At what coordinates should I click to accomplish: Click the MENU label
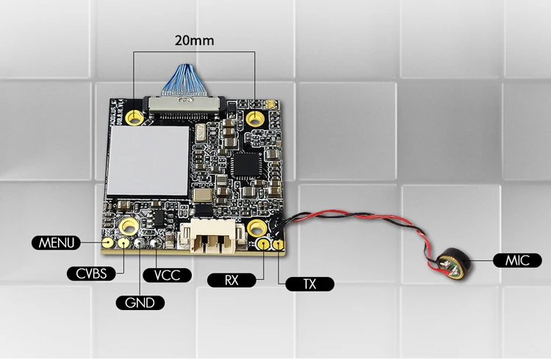point(57,243)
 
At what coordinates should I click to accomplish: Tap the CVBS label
point(91,273)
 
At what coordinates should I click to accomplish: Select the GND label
point(140,303)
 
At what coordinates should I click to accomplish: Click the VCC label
point(168,276)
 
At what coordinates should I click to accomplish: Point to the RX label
point(231,280)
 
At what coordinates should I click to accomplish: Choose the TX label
point(309,284)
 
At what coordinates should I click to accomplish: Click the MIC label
point(517,261)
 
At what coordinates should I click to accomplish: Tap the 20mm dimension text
point(195,40)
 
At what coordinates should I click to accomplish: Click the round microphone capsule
point(455,264)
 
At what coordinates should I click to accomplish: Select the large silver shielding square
point(148,160)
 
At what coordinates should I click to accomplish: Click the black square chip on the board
point(246,165)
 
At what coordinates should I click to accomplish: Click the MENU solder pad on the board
point(108,242)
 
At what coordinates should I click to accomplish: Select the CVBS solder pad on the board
point(123,242)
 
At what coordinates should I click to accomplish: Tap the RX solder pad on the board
point(263,243)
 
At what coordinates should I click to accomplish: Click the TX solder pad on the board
point(278,245)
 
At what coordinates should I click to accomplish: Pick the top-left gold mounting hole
point(134,118)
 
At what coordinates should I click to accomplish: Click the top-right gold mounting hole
point(255,118)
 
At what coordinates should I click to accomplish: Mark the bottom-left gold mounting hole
point(129,226)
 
